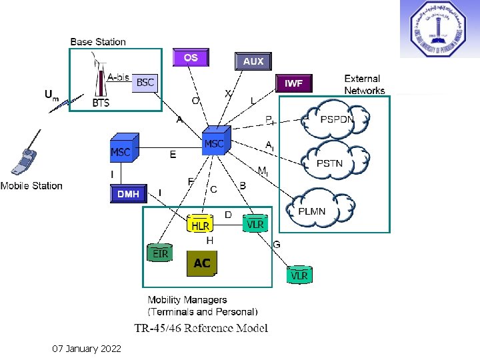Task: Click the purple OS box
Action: (191, 58)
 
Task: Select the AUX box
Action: (253, 61)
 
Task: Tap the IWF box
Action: (293, 83)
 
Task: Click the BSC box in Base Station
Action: (145, 83)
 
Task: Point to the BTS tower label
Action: (101, 103)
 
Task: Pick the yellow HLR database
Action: (200, 224)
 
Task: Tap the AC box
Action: (201, 263)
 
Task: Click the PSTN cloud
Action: (331, 162)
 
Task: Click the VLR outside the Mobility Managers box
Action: (299, 274)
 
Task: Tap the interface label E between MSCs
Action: (173, 155)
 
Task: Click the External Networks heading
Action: (364, 85)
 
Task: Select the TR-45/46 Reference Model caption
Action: (201, 327)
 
